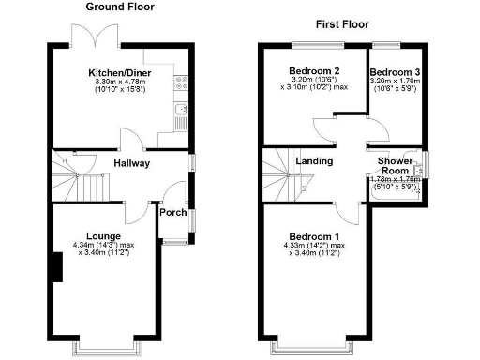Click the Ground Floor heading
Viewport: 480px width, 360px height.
(x=120, y=7)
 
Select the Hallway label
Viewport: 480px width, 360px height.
(x=131, y=163)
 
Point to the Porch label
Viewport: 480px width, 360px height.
(x=172, y=213)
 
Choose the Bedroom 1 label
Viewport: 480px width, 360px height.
(x=312, y=235)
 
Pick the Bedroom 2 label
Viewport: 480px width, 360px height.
(x=313, y=71)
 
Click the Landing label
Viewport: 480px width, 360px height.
(x=315, y=161)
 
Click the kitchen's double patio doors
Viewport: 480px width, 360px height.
(x=96, y=37)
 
